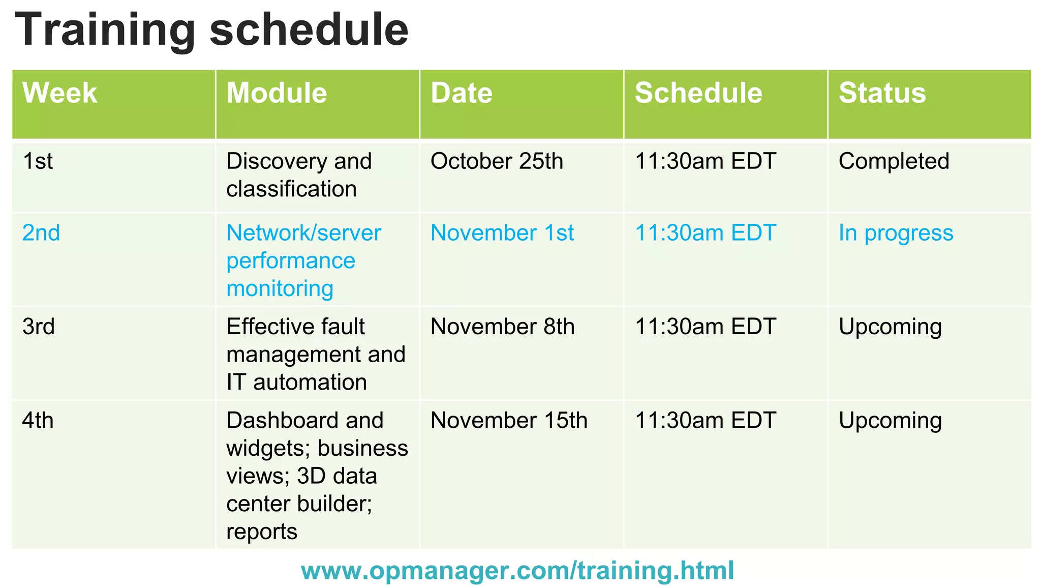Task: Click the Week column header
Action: pos(59,93)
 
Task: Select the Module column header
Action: pos(277,93)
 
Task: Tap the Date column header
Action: pos(462,93)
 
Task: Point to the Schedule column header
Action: pos(698,93)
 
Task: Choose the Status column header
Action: pos(882,93)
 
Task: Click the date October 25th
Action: pos(497,161)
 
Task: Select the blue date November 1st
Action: pos(502,233)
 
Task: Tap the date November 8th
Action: pos(502,327)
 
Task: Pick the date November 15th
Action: pos(509,421)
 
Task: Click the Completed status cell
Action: pos(894,161)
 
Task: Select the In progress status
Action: pos(896,233)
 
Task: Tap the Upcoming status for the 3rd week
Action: pos(890,327)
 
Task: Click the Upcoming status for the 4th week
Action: pos(890,421)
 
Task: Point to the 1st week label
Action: pos(38,161)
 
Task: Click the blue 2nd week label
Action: pos(41,233)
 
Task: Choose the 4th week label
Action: pos(38,421)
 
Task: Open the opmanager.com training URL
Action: pos(517,570)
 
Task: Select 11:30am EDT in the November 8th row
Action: pos(706,327)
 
